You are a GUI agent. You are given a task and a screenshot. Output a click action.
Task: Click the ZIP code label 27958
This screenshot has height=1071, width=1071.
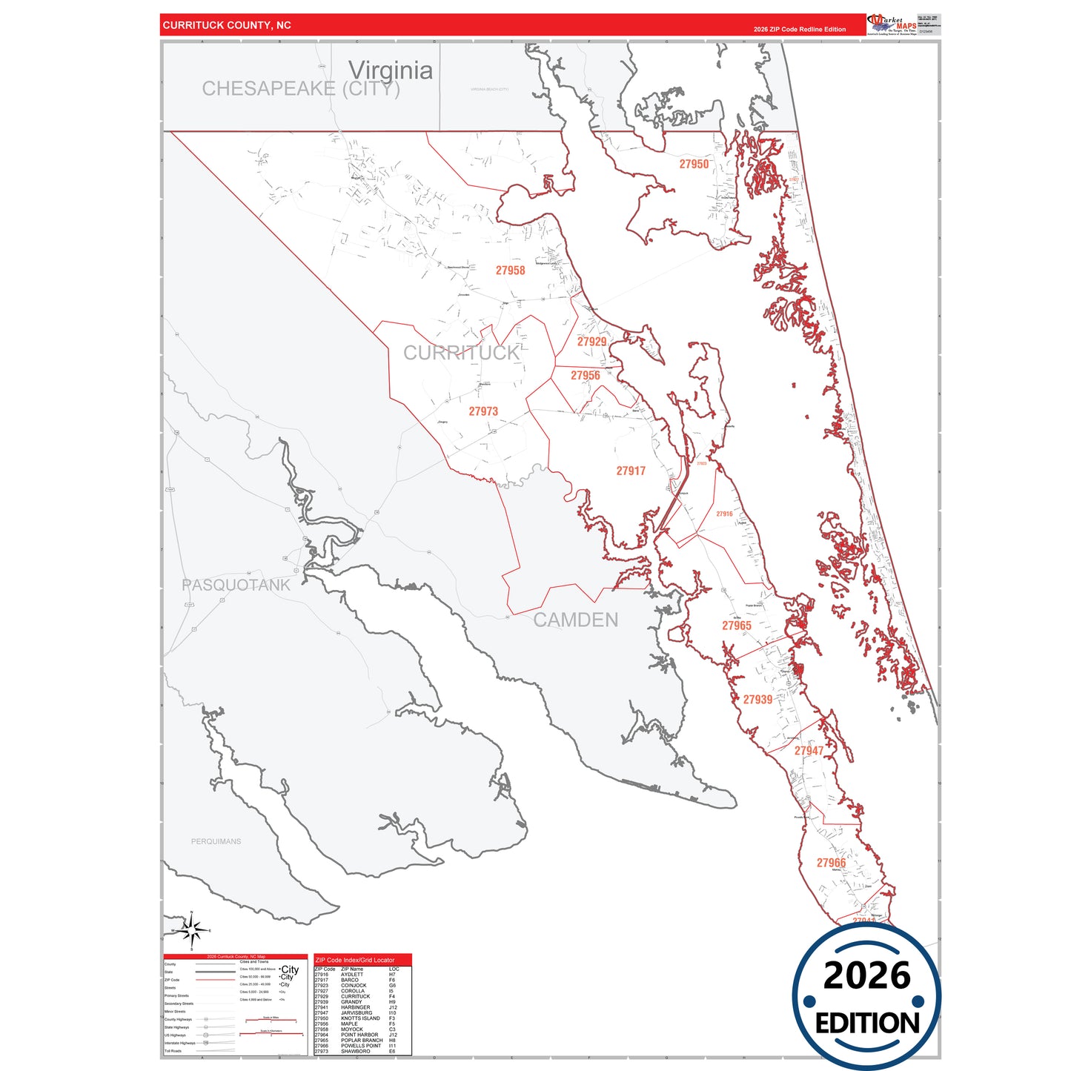[x=510, y=271]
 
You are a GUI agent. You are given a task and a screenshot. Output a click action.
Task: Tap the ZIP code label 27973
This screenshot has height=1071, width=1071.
[x=483, y=411]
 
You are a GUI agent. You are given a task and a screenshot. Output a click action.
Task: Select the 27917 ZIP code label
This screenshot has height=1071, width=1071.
[x=631, y=471]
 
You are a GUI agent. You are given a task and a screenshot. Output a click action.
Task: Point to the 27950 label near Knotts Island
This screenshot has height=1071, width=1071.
[x=694, y=164]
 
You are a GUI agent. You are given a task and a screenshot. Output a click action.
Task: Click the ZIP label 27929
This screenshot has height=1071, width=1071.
[x=591, y=342]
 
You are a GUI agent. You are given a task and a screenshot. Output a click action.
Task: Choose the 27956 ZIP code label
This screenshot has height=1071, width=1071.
[x=585, y=375]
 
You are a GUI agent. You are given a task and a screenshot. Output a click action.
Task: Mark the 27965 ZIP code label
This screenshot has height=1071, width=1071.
[x=737, y=626]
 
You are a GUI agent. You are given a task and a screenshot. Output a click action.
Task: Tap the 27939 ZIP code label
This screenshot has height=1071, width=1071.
[x=757, y=700]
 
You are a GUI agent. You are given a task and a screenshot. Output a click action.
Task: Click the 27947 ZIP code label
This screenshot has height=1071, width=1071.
[x=809, y=751]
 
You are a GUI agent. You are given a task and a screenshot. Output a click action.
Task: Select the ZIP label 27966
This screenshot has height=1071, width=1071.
[x=831, y=863]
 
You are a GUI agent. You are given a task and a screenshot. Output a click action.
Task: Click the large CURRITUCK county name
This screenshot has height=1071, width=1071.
[x=462, y=353]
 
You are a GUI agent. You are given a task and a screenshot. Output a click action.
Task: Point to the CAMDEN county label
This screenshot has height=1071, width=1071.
[x=576, y=620]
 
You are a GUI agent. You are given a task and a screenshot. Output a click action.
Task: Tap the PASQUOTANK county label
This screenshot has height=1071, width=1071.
[x=236, y=585]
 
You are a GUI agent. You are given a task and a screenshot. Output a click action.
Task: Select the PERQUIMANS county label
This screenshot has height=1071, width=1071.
[x=216, y=841]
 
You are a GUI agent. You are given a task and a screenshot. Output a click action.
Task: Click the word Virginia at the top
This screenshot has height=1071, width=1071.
[x=391, y=70]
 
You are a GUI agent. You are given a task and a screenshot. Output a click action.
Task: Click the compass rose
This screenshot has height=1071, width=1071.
[x=191, y=930]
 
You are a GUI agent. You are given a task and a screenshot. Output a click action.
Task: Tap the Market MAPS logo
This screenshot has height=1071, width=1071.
[x=891, y=24]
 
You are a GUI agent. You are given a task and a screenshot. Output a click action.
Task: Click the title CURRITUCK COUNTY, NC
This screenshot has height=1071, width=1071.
[x=227, y=25]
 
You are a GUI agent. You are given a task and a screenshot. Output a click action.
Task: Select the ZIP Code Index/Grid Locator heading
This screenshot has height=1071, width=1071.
[x=355, y=960]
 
